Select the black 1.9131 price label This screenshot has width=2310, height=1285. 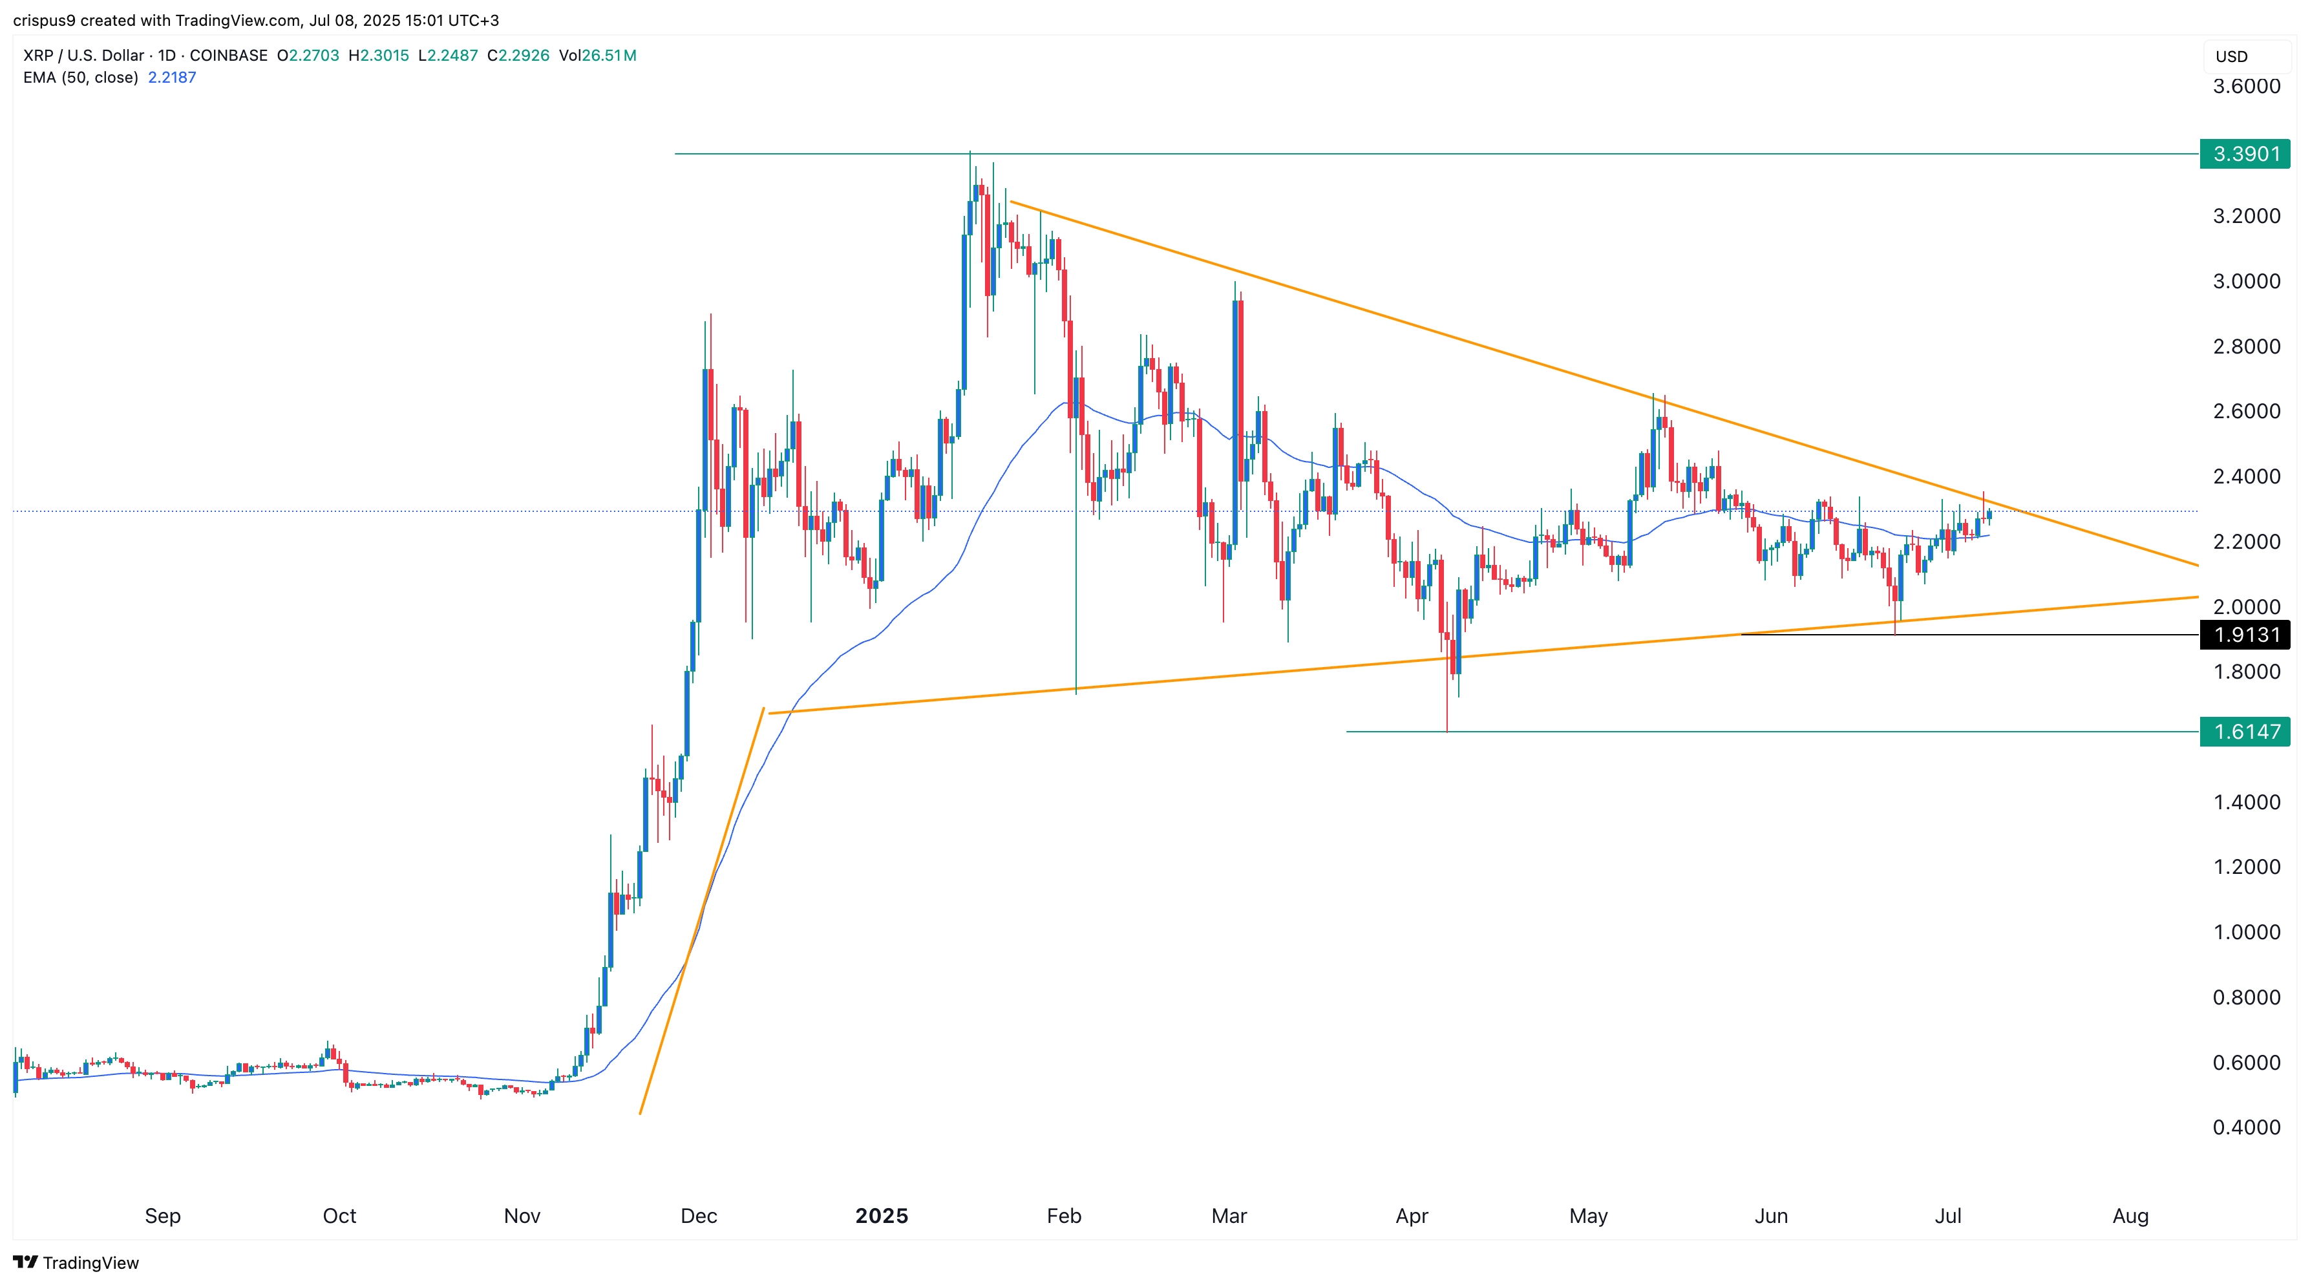2245,635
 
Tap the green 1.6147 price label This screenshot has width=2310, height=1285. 2245,732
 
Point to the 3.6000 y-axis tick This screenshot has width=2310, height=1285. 2245,86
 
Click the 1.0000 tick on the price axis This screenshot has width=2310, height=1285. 2245,931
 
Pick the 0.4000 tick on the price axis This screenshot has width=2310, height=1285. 2245,1127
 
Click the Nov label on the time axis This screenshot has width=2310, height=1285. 522,1216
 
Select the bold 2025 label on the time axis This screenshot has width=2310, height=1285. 882,1216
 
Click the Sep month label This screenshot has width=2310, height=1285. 162,1216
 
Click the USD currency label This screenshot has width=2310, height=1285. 2231,56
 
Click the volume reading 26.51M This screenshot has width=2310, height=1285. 609,56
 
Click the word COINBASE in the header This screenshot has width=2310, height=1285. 229,56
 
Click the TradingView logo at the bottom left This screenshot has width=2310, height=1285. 76,1262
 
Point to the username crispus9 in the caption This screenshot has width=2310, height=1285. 44,20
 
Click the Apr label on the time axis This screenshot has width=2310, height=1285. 1412,1216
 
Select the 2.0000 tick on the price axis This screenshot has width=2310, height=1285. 2245,606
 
